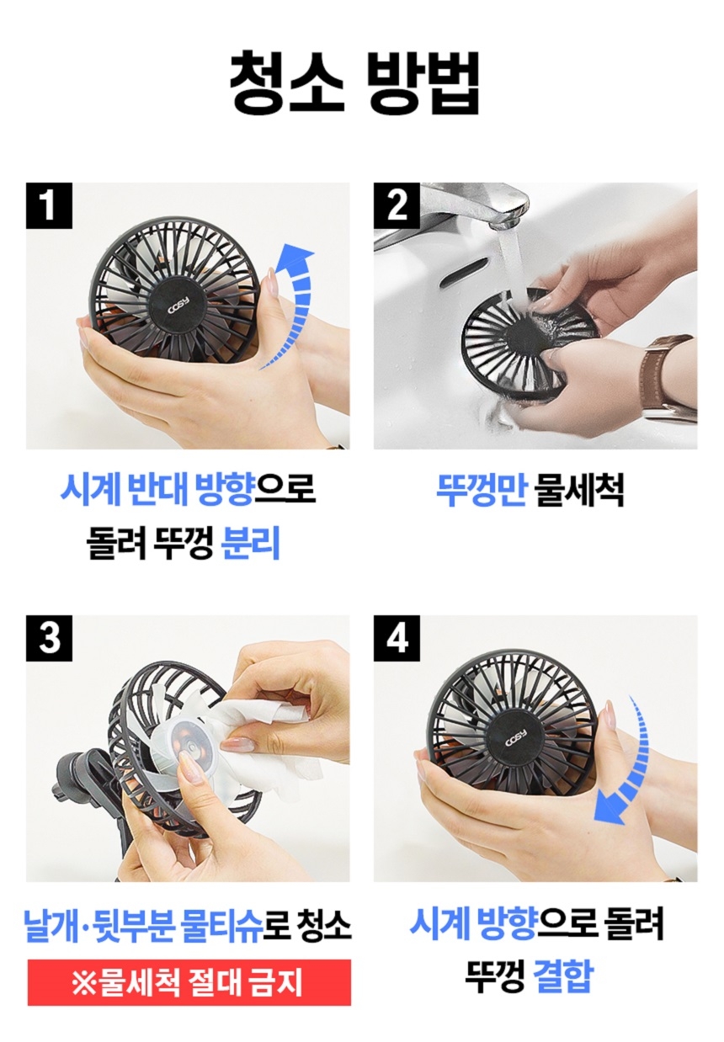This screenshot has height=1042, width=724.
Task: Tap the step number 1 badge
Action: [x=49, y=205]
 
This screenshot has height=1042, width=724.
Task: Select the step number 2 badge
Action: [x=397, y=205]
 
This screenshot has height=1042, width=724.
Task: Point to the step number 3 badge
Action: [x=49, y=638]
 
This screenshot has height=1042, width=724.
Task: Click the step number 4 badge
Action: [x=397, y=638]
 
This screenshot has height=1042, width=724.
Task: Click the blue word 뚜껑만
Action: [x=481, y=490]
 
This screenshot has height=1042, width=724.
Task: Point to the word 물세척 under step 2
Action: [x=580, y=490]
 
